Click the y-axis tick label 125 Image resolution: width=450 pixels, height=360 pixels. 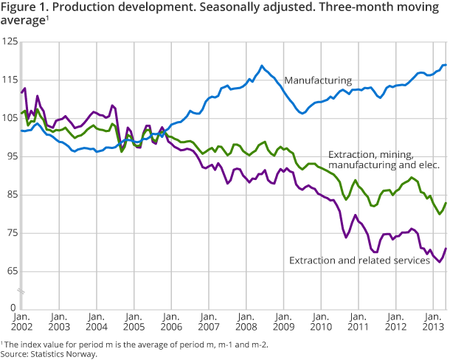10,43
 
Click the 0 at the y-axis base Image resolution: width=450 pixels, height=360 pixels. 14,306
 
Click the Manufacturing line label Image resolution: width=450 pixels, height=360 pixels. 318,80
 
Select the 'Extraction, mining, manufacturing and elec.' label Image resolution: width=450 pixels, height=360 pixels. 384,160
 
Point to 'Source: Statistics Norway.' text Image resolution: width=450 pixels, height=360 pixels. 49,354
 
